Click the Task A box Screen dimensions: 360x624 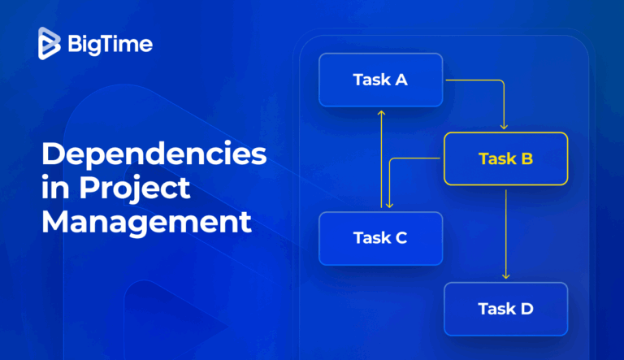(380, 80)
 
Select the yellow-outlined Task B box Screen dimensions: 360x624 (505, 158)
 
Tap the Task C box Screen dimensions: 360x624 (380, 238)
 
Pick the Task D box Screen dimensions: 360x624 (505, 309)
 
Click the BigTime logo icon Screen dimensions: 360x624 (50, 43)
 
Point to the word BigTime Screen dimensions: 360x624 (110, 44)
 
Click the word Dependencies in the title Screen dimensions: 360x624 (154, 154)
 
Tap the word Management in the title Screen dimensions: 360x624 (147, 221)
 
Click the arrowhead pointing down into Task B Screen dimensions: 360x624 (505, 126)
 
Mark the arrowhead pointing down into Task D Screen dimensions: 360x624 (505, 275)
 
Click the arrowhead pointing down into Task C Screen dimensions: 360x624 (389, 205)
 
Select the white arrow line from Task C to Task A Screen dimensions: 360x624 (380, 163)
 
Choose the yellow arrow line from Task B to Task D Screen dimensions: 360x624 (505, 232)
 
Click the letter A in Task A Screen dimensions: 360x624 (401, 80)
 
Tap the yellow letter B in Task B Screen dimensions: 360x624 (526, 158)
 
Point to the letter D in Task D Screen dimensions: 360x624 (526, 309)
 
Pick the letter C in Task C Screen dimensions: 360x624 (401, 238)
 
